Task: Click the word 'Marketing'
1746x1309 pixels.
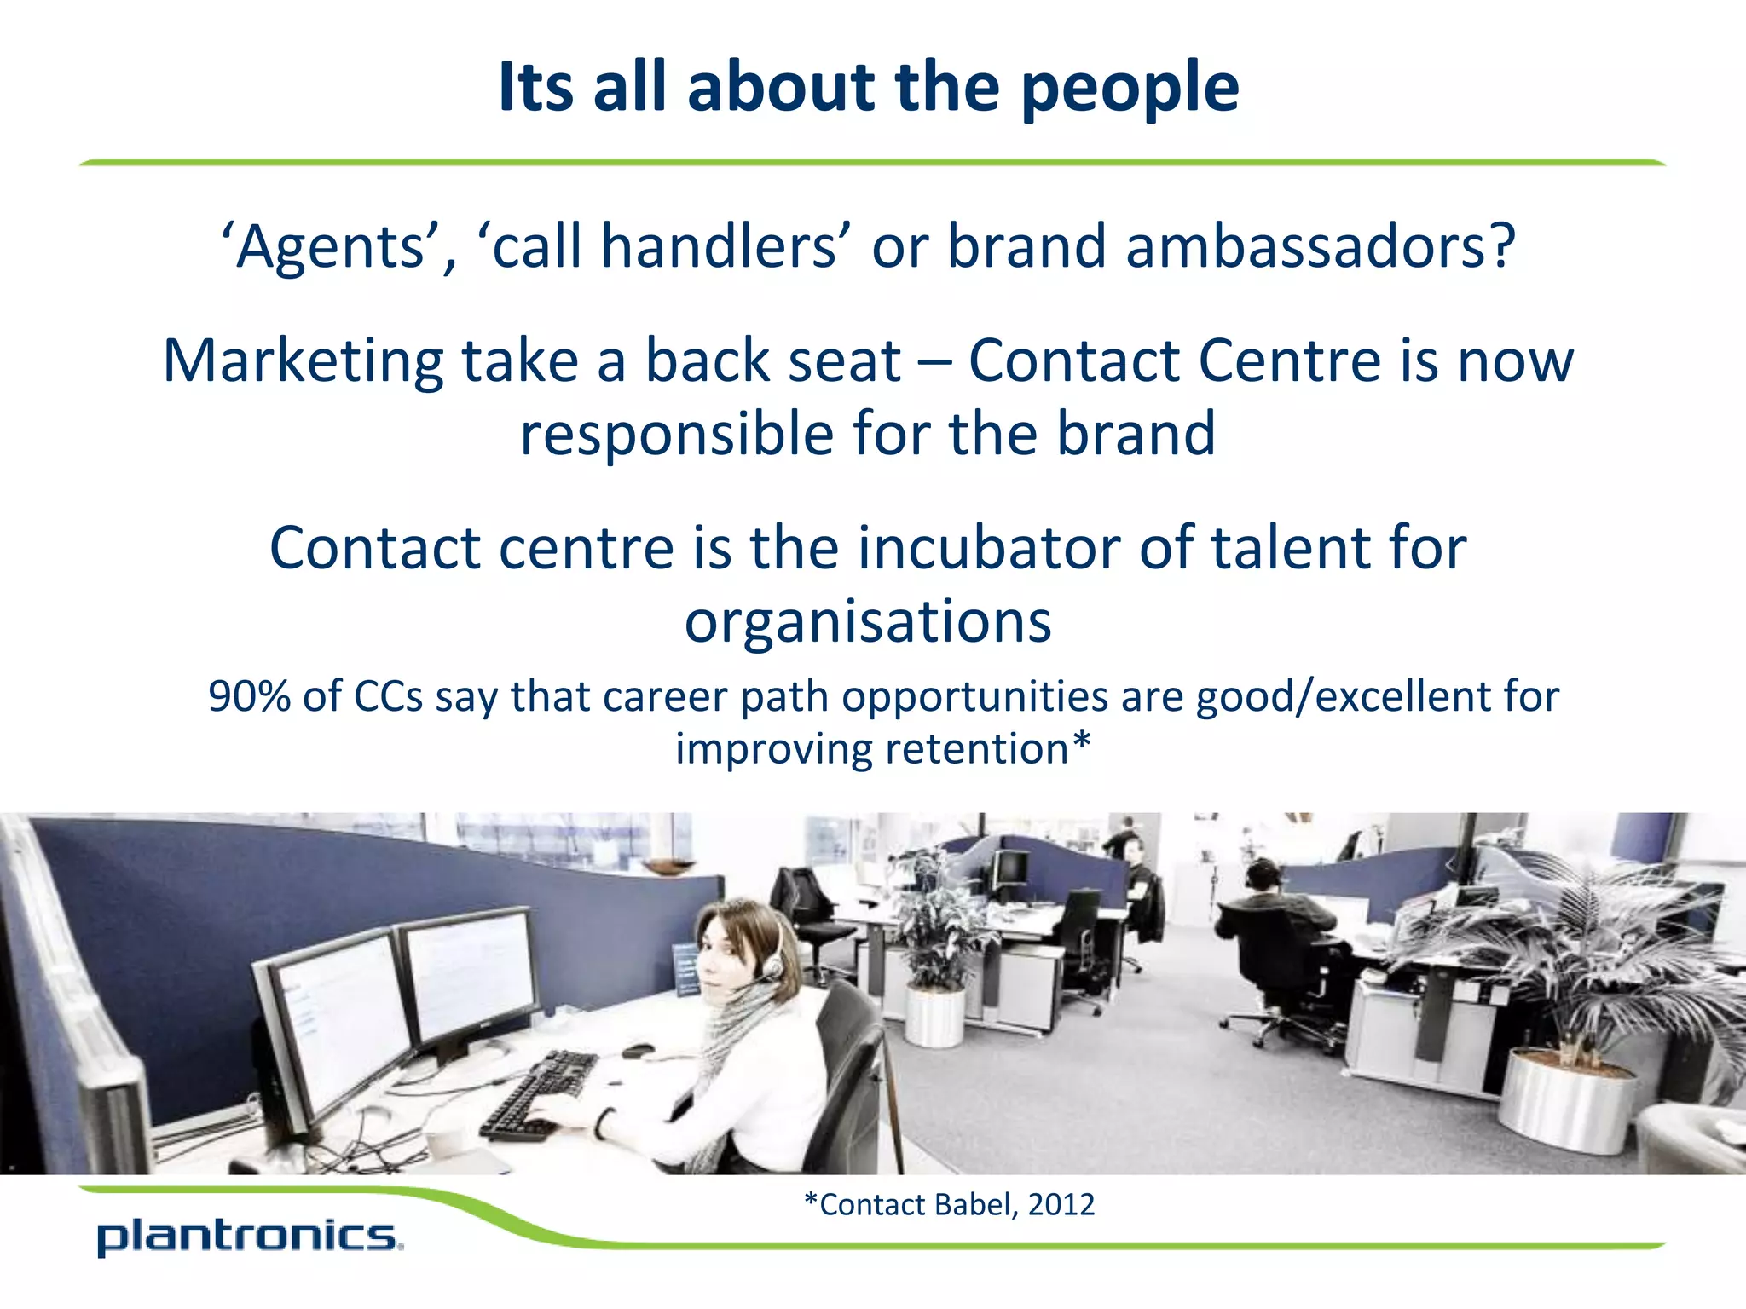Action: click(303, 361)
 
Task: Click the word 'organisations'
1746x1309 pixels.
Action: click(868, 622)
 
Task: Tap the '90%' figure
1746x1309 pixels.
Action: click(251, 696)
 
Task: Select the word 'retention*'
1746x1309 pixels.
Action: click(988, 749)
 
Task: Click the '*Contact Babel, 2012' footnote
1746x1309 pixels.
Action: click(949, 1204)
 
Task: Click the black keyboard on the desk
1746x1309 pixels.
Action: click(539, 1096)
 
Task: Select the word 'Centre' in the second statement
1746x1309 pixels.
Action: click(1288, 361)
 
